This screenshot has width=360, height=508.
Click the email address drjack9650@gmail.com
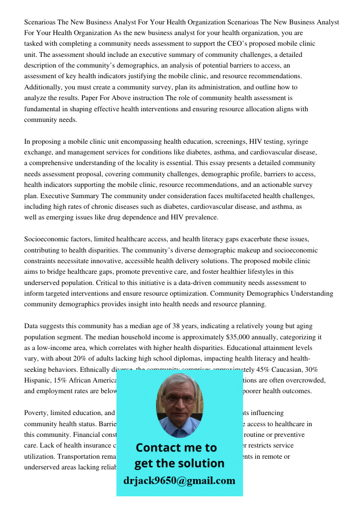179,481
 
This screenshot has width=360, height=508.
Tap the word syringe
297,142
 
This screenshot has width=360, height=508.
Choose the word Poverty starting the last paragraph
37,413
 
